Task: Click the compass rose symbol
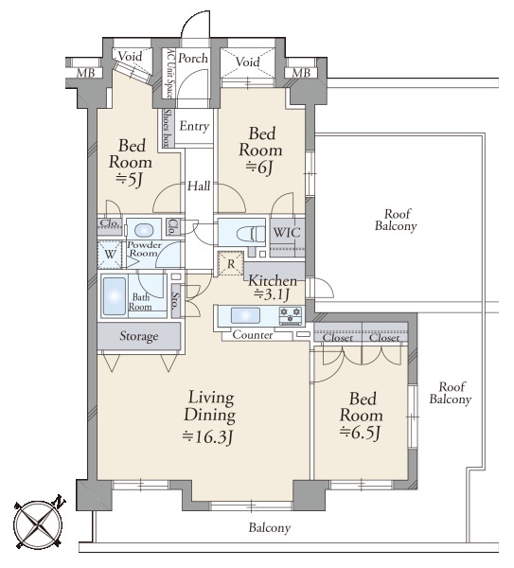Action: [39, 524]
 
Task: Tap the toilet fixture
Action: [251, 235]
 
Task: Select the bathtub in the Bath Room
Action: [115, 296]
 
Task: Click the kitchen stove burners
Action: [291, 315]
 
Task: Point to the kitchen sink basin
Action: [245, 315]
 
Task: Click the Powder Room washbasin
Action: [144, 230]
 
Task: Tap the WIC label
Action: [287, 233]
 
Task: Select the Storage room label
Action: [139, 336]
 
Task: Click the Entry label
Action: [194, 126]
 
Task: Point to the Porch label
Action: [193, 58]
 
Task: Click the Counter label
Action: [253, 335]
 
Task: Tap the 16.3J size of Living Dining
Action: [207, 436]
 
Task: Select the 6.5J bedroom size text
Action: [360, 433]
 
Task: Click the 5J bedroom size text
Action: [130, 179]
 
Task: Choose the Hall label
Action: [199, 186]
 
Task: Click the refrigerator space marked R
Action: [231, 264]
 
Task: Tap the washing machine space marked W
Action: [110, 254]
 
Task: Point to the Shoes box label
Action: [167, 128]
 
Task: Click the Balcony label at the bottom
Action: [270, 528]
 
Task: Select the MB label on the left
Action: [86, 73]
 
